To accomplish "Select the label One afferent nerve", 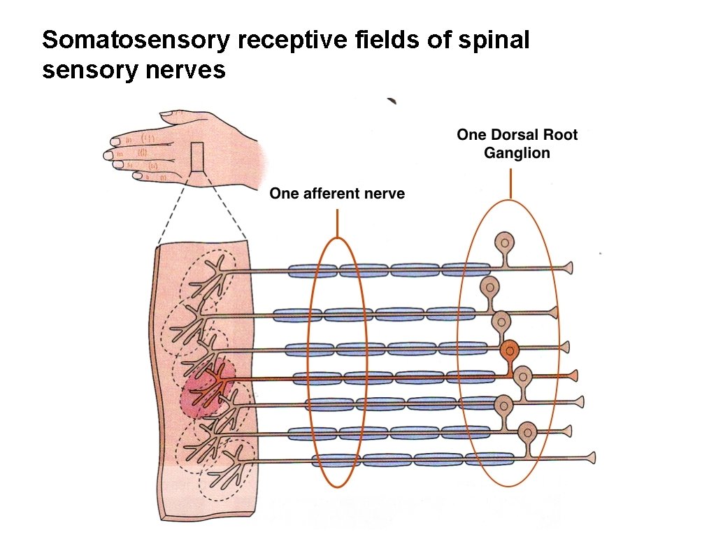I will (337, 194).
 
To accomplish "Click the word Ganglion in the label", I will (517, 152).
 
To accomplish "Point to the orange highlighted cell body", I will (510, 350).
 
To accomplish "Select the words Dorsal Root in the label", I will (538, 134).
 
